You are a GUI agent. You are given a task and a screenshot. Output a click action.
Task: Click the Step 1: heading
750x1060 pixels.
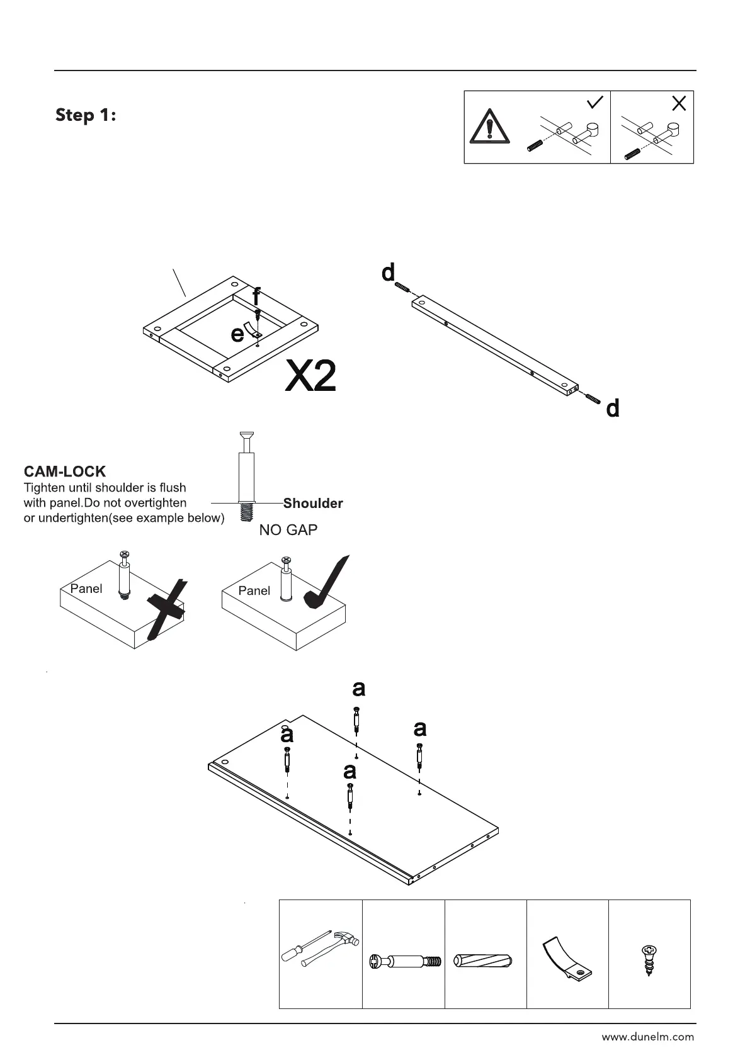click(x=86, y=115)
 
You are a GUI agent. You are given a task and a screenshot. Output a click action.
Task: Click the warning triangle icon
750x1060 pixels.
click(x=489, y=126)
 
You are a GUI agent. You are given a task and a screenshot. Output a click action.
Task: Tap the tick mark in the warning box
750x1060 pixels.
click(x=594, y=102)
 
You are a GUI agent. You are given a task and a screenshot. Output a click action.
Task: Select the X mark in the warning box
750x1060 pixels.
click(x=678, y=103)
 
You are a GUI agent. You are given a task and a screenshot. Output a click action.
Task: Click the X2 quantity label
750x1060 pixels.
click(x=310, y=376)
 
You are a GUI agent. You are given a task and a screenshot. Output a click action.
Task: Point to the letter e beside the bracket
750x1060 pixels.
click(x=237, y=333)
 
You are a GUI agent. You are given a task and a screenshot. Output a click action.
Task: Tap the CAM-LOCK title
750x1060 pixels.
click(x=64, y=471)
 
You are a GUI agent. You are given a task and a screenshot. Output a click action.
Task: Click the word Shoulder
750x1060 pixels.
click(x=313, y=503)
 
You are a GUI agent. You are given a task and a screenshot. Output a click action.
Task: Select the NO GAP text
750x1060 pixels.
click(x=288, y=530)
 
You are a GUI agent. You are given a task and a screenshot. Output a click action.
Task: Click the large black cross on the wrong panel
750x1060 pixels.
click(x=167, y=609)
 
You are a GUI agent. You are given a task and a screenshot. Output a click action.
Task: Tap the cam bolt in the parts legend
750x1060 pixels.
click(x=404, y=961)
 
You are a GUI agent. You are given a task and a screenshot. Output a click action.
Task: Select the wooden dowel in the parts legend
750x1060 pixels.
click(x=484, y=961)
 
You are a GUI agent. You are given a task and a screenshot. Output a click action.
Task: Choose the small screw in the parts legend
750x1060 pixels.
click(x=649, y=960)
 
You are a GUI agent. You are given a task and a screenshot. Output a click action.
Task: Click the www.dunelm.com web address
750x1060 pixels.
click(x=647, y=1037)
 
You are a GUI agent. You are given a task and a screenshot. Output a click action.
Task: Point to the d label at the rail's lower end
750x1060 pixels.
click(x=612, y=409)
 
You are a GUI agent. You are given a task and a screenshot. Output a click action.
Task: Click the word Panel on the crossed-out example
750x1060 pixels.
click(x=86, y=589)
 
